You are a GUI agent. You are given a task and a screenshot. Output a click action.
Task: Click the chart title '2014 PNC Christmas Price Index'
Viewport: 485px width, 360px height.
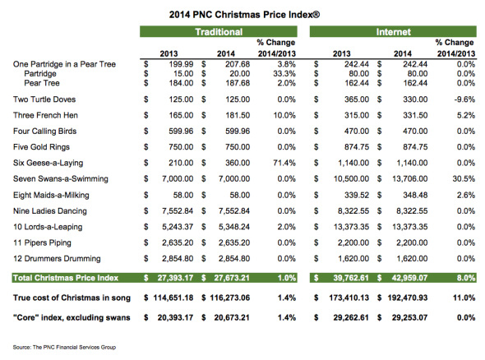tap(244, 15)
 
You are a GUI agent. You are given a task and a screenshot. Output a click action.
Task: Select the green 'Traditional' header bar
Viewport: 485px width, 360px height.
tap(219, 31)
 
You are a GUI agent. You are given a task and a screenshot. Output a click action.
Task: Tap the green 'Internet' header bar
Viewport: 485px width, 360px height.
tap(393, 31)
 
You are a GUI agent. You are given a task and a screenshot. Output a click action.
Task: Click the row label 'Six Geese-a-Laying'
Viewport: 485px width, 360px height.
tap(48, 163)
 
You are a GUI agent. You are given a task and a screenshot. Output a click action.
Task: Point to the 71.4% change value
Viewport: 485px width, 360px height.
tap(284, 163)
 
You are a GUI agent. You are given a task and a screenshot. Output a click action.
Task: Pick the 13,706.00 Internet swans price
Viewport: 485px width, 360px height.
tap(410, 178)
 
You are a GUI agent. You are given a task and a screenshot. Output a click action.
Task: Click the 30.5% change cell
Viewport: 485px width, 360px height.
tap(464, 178)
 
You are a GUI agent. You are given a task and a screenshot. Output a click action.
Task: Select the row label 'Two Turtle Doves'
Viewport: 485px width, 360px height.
tap(44, 99)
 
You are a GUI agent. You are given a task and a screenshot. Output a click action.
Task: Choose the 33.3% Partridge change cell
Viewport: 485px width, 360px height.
tap(284, 74)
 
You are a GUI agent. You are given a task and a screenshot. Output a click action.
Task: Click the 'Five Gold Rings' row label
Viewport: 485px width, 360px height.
tap(41, 147)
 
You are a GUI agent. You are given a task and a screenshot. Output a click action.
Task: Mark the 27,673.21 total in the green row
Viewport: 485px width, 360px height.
tap(232, 278)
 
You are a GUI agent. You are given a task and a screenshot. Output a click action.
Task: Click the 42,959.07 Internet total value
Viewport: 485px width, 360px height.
tap(409, 278)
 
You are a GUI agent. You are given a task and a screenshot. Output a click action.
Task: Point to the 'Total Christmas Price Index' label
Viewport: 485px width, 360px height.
tap(66, 278)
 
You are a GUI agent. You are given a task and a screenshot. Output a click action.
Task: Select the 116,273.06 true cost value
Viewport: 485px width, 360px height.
tap(230, 298)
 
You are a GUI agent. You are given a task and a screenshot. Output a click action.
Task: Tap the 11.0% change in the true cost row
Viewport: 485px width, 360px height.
tap(464, 298)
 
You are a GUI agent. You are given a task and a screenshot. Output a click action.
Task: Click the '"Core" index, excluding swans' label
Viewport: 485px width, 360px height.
tap(72, 317)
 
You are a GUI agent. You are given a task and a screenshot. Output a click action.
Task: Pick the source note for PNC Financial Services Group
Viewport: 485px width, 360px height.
tap(64, 348)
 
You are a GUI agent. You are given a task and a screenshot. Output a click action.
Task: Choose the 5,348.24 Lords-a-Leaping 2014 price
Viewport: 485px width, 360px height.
tap(234, 227)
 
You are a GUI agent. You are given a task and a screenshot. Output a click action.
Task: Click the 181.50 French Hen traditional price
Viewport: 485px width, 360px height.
tap(238, 115)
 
